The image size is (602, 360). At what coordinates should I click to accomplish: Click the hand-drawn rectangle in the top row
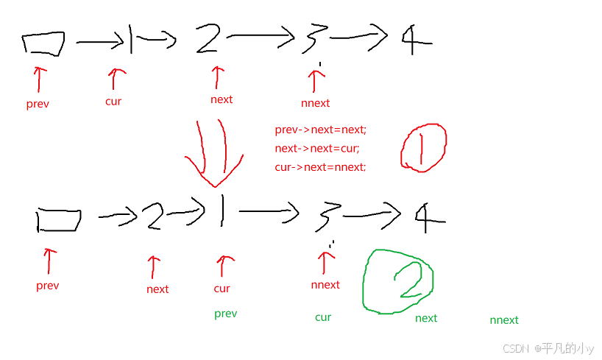43,44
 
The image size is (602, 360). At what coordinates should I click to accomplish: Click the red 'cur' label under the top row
113,102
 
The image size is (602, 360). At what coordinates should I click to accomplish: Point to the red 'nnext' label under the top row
316,103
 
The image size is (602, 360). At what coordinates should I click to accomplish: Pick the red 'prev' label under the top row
38,104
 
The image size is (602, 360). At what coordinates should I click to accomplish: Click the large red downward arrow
213,152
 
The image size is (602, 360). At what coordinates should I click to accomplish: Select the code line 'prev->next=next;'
320,130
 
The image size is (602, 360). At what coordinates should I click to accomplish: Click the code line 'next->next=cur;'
317,149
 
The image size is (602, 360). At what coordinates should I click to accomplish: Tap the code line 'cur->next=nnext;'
320,167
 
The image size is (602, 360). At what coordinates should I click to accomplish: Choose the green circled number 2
398,281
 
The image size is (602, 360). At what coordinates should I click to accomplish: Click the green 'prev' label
226,314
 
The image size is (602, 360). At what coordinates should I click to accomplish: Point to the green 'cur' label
323,317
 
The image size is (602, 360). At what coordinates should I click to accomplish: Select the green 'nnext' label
504,320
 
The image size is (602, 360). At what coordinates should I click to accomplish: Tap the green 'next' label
426,319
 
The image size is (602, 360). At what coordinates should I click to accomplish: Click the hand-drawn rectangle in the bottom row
58,219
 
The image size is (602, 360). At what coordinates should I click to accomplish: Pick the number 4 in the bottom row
429,216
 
